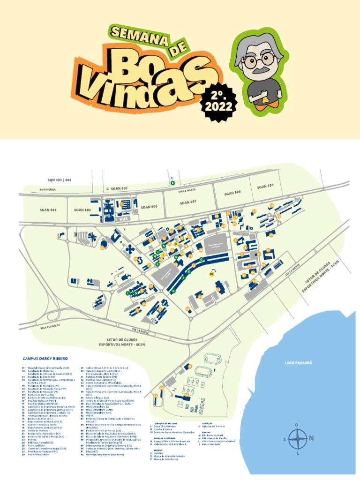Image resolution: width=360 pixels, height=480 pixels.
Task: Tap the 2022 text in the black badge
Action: click(218, 106)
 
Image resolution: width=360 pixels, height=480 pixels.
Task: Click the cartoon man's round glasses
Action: click(259, 60)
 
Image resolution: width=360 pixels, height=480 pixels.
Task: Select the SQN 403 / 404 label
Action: click(60, 180)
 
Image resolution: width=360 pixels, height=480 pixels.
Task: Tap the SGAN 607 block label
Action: click(187, 202)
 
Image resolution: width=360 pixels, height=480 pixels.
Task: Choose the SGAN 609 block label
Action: click(265, 186)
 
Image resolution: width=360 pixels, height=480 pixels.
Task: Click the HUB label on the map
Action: click(124, 218)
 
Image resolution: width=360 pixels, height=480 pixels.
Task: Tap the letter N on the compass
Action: click(311, 439)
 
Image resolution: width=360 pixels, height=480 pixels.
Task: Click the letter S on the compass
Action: click(285, 439)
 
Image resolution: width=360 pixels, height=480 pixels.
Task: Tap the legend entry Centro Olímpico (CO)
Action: click(97, 397)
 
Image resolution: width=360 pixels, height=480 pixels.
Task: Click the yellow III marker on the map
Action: click(212, 275)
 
